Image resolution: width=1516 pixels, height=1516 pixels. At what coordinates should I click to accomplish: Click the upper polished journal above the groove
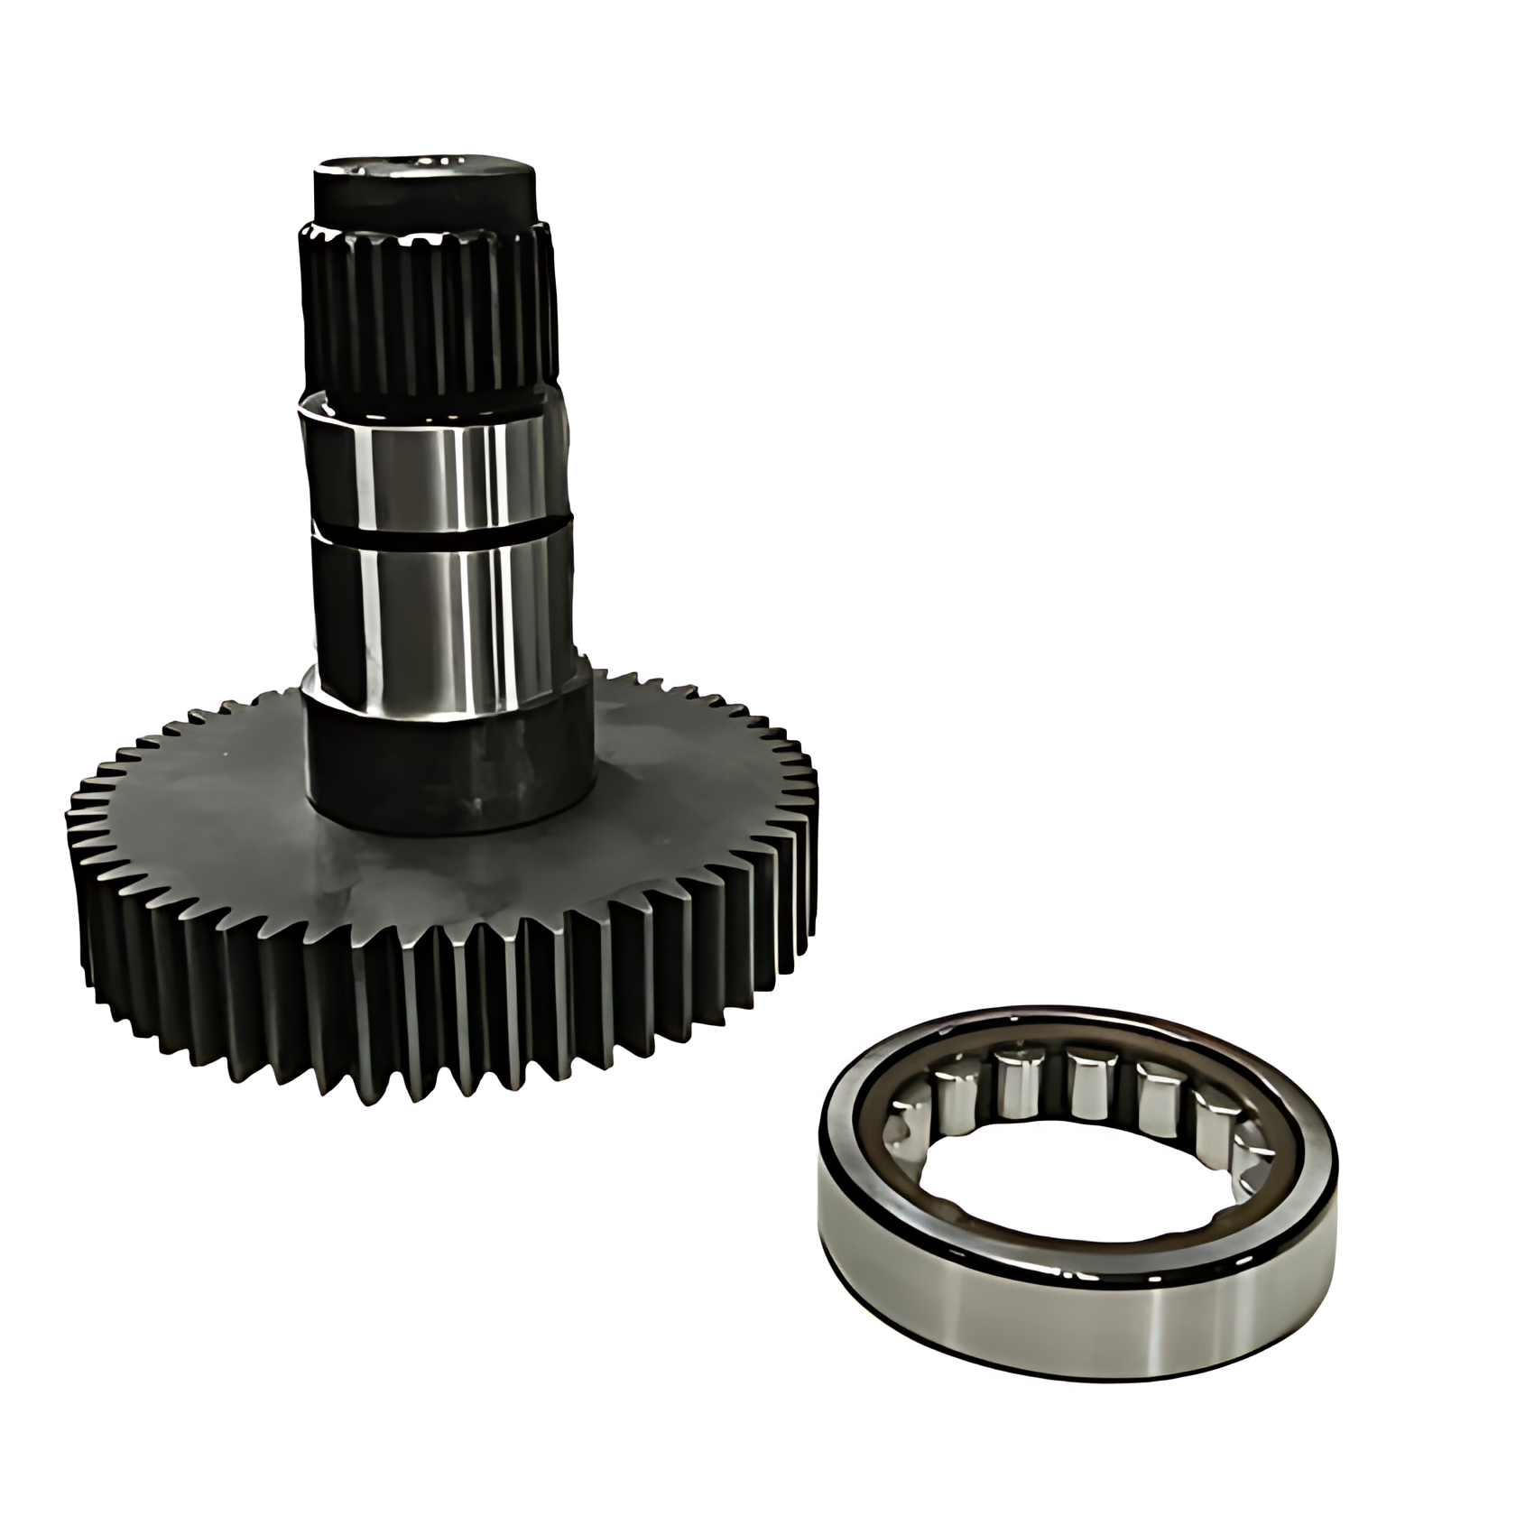point(433,469)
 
